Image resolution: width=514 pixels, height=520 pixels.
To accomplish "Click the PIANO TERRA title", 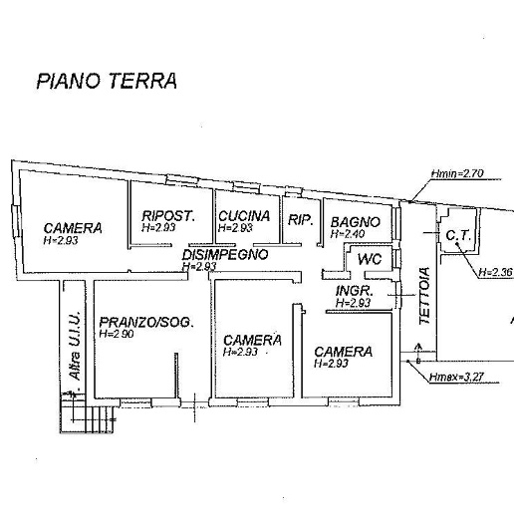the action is click(x=107, y=81).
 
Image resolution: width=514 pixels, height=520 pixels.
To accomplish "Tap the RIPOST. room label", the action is click(x=168, y=216).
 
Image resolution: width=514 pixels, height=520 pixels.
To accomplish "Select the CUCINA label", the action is click(x=244, y=216).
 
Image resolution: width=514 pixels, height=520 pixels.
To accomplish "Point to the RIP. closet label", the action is click(x=301, y=220).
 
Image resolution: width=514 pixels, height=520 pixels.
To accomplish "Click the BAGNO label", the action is click(x=356, y=222).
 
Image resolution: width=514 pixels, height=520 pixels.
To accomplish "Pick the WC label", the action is click(x=370, y=259).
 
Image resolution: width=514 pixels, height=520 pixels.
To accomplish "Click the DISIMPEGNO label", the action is click(x=225, y=255).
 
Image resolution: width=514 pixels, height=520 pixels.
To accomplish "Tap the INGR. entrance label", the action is click(x=355, y=291).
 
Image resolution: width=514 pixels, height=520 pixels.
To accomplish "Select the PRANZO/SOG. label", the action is click(x=146, y=322).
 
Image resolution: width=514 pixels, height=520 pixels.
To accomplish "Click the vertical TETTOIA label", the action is click(x=424, y=296).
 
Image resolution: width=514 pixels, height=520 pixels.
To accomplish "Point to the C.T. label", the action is click(x=458, y=236).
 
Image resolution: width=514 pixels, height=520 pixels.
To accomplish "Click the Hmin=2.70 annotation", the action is click(x=457, y=173).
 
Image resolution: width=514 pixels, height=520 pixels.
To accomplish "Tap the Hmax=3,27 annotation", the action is click(x=456, y=377).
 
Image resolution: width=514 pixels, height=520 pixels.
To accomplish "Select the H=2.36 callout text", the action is click(x=496, y=272).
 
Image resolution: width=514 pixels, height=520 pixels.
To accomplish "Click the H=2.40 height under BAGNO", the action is click(x=348, y=234).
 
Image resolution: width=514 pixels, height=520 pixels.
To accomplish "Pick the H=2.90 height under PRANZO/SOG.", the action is click(x=117, y=334).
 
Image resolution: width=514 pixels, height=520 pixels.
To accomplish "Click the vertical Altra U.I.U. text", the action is click(x=76, y=346).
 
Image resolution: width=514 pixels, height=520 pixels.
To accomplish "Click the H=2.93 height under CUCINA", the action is click(x=235, y=228).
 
